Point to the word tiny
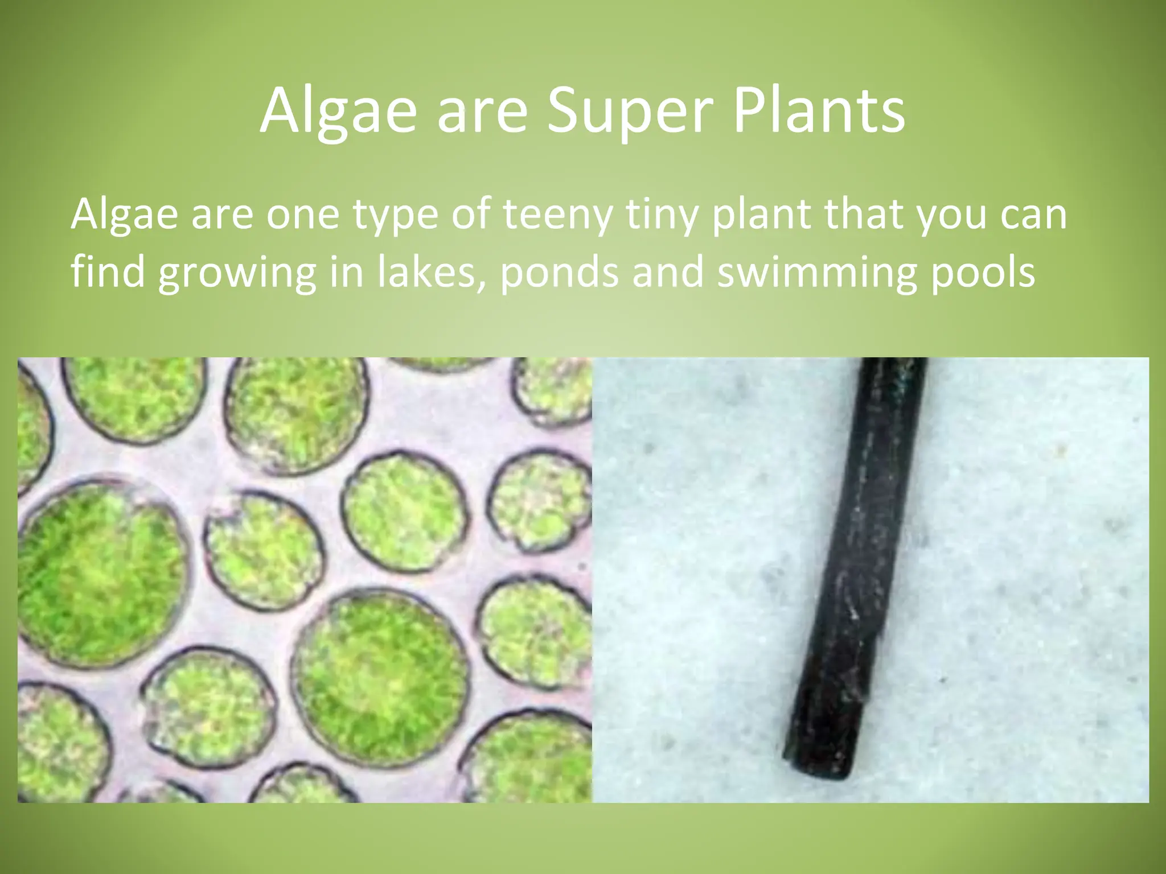pyautogui.click(x=662, y=216)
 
